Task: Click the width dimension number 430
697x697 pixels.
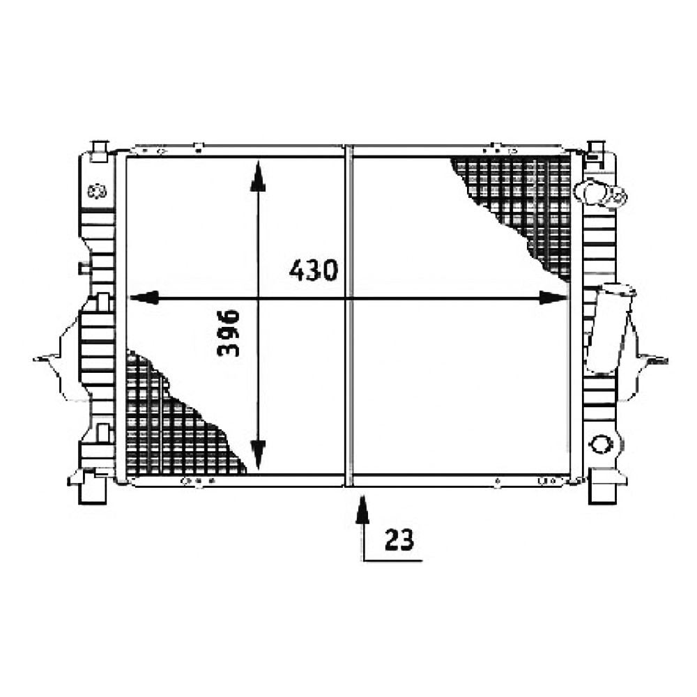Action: [x=314, y=270]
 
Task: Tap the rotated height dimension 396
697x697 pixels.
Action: [x=229, y=332]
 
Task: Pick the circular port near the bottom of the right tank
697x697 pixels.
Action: [x=600, y=443]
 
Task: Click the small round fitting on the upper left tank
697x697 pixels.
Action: [x=96, y=191]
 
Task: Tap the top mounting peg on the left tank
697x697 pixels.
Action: [x=100, y=151]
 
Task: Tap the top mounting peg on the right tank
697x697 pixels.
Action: [x=596, y=149]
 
